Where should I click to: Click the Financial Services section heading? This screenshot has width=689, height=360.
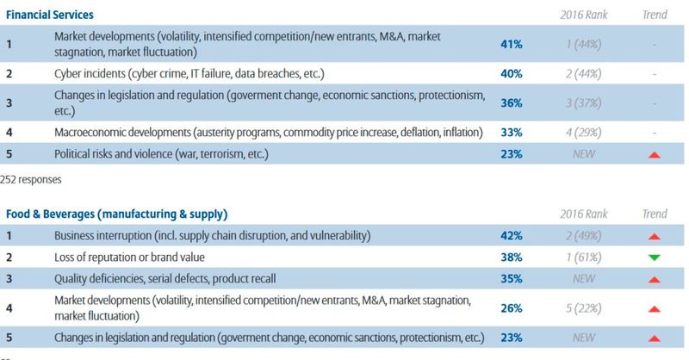pos(50,16)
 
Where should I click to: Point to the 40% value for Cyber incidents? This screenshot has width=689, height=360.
pos(511,74)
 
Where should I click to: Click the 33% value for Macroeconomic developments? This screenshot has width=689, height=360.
pos(511,133)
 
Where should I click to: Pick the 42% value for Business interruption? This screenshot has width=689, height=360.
pos(511,235)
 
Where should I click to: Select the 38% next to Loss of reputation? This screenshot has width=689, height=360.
pos(511,256)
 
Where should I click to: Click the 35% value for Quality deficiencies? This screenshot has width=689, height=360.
pos(511,278)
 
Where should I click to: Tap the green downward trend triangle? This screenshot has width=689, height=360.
pos(655,257)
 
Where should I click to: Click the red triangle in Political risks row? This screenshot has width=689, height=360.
pos(655,154)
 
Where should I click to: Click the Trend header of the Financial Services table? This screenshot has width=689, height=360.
pos(655,16)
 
